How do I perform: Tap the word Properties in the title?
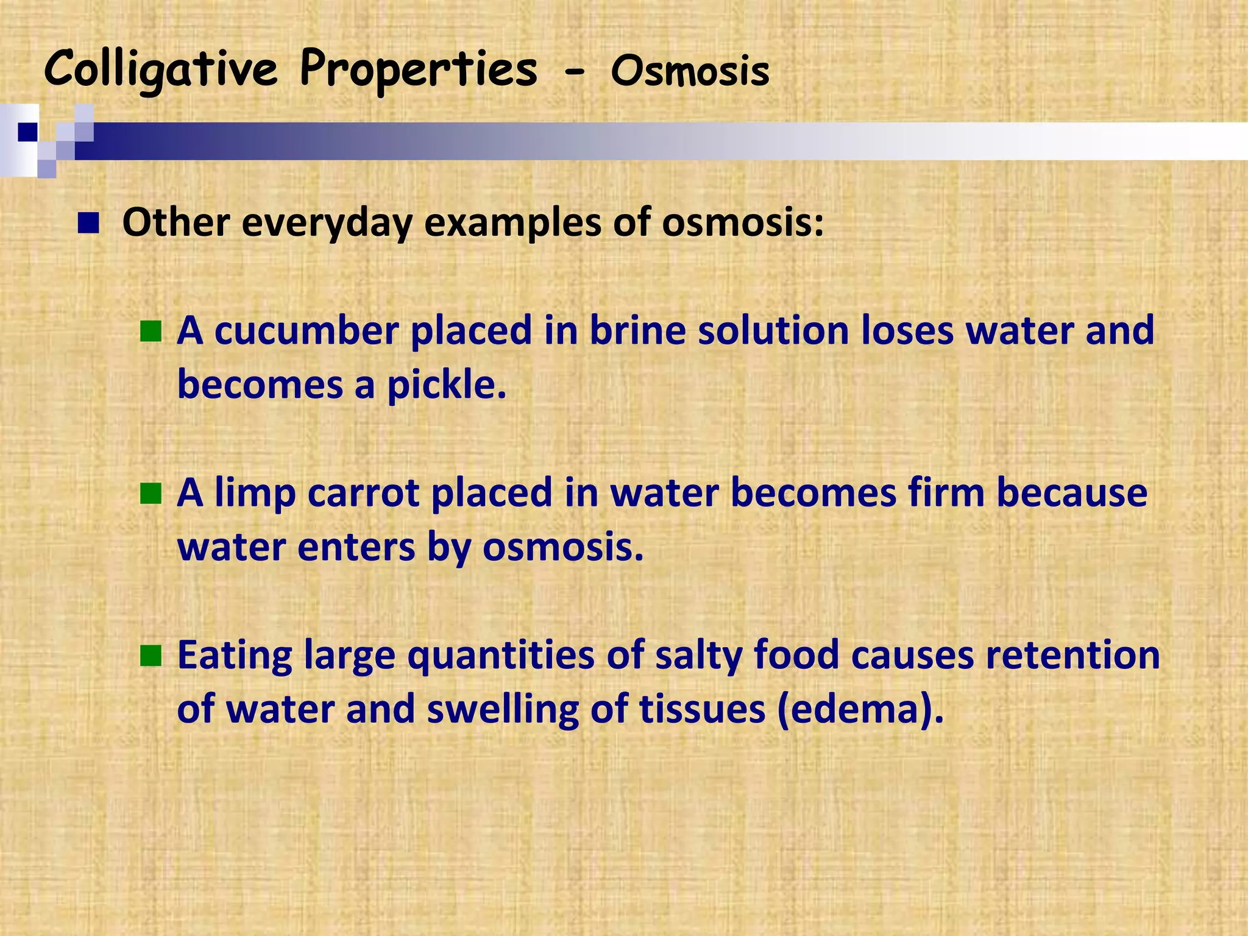pos(419,71)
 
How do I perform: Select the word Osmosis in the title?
pos(690,72)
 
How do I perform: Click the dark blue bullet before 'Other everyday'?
pos(88,224)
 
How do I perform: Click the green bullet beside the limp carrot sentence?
pos(151,494)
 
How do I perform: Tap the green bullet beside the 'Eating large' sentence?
pos(151,656)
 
